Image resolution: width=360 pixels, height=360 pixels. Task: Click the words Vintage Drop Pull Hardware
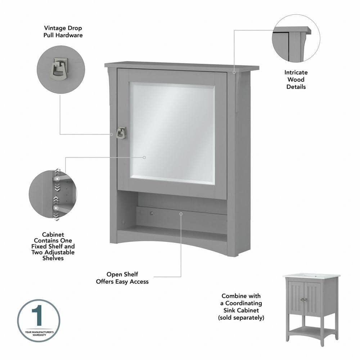click(x=63, y=31)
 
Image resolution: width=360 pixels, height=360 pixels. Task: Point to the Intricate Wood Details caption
click(x=296, y=80)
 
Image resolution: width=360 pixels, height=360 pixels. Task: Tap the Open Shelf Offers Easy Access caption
click(x=122, y=278)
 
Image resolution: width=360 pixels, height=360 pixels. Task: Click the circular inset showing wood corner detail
click(x=296, y=39)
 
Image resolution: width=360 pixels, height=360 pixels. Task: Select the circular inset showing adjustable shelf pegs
click(x=53, y=194)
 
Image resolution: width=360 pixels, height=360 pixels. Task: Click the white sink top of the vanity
click(x=311, y=276)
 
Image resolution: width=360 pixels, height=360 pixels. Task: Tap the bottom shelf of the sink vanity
click(x=312, y=330)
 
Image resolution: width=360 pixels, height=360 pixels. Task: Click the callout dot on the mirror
click(x=144, y=157)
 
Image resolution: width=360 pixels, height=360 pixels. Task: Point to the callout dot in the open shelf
click(x=181, y=213)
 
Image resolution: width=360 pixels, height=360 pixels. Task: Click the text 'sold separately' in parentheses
click(x=241, y=318)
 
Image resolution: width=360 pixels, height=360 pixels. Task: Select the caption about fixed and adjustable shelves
click(x=53, y=247)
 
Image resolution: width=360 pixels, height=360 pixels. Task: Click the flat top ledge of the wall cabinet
click(x=182, y=67)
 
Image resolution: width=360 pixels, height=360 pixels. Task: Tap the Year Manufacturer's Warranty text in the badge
click(x=39, y=333)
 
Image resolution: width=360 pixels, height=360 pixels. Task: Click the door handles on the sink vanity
click(x=305, y=300)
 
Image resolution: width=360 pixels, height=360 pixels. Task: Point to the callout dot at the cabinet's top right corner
click(x=234, y=72)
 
